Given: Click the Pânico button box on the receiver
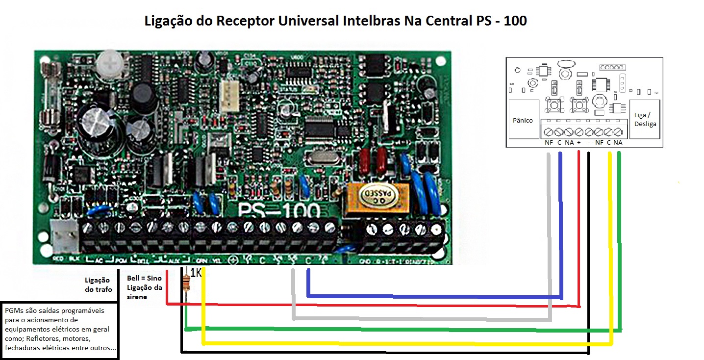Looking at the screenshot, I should coord(523,121).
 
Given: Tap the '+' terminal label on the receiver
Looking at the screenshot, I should coord(579,143).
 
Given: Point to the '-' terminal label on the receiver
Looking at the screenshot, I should coord(588,143).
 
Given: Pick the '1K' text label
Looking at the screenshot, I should coord(196,273).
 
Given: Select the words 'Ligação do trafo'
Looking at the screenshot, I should coord(99,284).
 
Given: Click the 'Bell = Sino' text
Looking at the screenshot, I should coord(141,278).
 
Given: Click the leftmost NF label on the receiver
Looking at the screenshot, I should coord(549,143).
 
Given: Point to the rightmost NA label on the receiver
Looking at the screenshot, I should coord(618,143).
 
